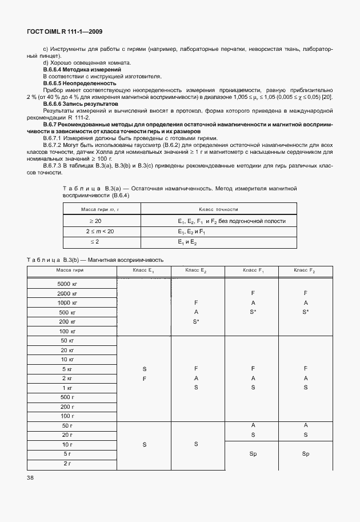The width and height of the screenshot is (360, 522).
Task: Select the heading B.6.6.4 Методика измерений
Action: tap(74, 69)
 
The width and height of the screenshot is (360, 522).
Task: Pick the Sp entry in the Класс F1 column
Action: tap(253, 453)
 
